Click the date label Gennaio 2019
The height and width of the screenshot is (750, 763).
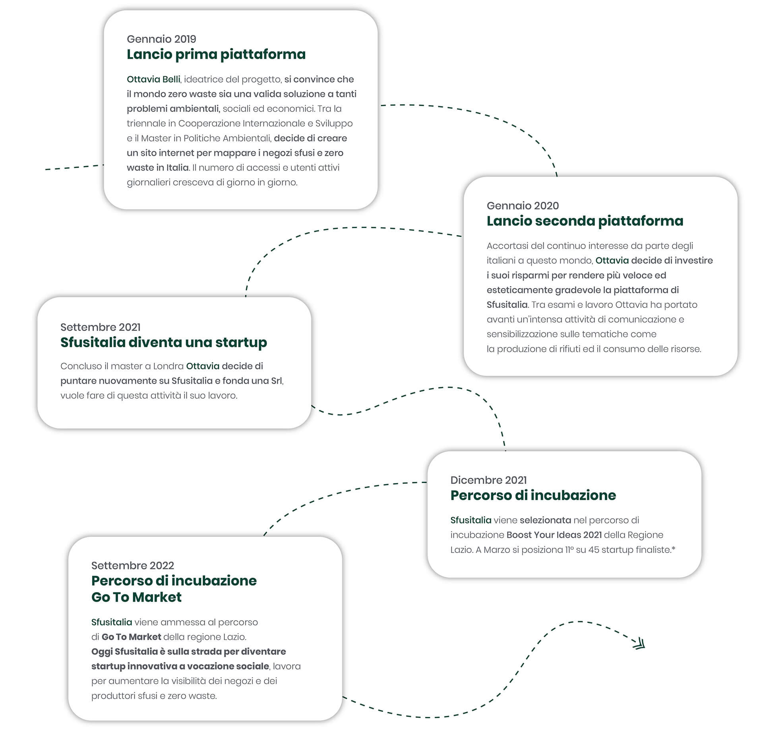161,39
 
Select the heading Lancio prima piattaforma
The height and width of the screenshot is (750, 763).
216,54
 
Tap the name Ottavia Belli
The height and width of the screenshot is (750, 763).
153,79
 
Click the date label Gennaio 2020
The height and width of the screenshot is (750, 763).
523,205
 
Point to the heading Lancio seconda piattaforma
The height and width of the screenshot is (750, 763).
585,221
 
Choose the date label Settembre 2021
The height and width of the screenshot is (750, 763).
101,327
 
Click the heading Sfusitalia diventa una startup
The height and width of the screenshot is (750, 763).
164,342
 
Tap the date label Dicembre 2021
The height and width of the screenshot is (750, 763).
488,480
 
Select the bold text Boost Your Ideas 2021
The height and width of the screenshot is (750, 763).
554,535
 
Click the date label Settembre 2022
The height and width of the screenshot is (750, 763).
133,565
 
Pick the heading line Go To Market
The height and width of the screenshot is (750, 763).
136,597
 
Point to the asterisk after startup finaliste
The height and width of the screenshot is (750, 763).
674,548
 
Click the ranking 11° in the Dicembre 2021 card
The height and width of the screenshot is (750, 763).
569,550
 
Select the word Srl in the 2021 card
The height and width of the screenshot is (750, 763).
277,381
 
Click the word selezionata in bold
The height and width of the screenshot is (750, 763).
545,520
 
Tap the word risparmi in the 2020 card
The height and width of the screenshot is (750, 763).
530,275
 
